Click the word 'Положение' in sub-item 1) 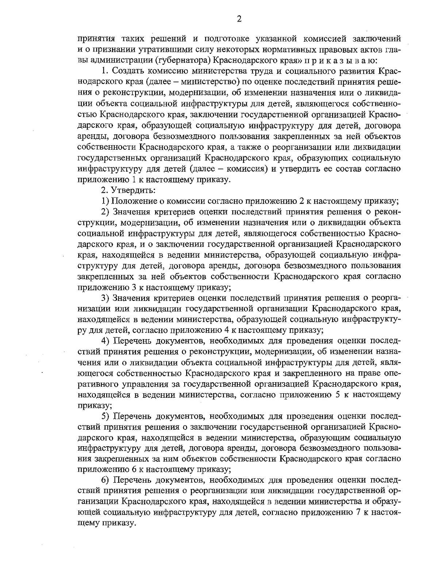click(131, 201)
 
